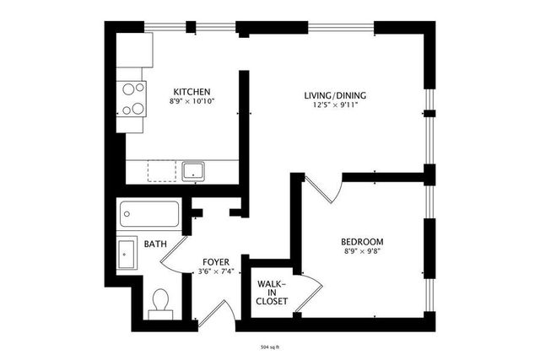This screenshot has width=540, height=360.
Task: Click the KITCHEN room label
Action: tap(192, 92)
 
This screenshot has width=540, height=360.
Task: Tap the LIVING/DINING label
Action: tap(335, 95)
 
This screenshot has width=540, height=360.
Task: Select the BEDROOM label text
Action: tap(362, 241)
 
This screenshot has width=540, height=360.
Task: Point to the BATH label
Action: tap(155, 244)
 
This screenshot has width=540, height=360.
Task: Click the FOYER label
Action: tap(216, 262)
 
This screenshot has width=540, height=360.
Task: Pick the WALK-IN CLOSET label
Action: tap(272, 293)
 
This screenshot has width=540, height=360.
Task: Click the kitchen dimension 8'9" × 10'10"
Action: tap(192, 101)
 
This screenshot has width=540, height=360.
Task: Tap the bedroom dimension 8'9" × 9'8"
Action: tap(362, 251)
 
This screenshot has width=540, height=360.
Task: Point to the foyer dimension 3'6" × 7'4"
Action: tap(216, 271)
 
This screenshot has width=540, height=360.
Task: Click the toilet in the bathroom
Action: tap(160, 304)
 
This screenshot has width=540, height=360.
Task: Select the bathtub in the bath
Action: tap(149, 214)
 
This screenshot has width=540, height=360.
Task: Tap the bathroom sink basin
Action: tap(126, 255)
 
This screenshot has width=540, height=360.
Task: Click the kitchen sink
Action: tap(193, 171)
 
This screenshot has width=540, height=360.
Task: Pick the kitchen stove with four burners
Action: tap(132, 99)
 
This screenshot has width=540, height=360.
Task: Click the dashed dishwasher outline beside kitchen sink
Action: tap(162, 170)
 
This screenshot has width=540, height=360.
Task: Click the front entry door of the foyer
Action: tap(216, 313)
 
